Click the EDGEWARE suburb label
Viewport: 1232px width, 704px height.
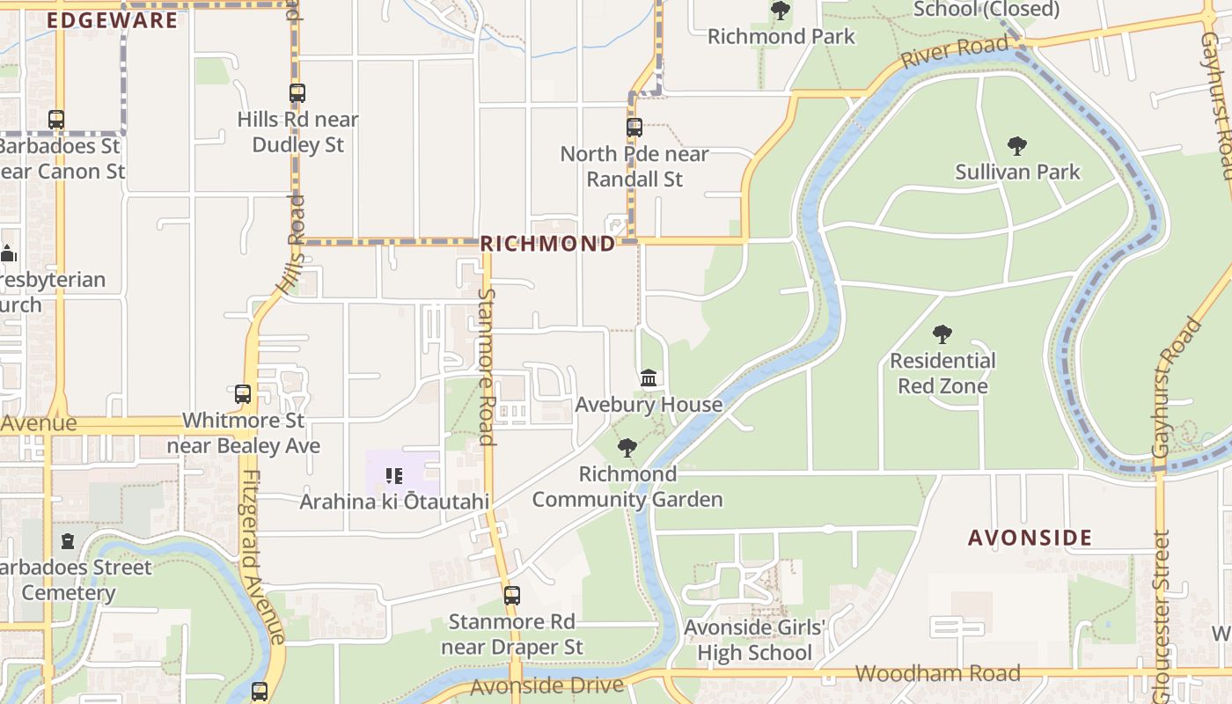click(x=112, y=20)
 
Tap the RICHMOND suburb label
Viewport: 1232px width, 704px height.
click(x=547, y=244)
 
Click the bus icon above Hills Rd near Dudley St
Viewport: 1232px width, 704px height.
click(x=297, y=92)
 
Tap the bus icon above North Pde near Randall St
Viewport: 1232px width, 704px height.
click(x=634, y=127)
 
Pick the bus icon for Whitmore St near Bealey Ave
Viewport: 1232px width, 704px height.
click(x=243, y=394)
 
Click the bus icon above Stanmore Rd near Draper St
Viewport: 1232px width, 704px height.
click(x=512, y=596)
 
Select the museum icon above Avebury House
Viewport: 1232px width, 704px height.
click(x=649, y=378)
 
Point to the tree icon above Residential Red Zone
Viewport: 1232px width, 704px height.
click(x=942, y=334)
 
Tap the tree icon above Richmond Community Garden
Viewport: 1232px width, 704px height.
click(x=627, y=448)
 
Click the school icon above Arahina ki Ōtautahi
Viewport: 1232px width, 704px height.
click(x=394, y=476)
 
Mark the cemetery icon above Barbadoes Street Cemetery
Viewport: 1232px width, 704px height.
click(x=68, y=541)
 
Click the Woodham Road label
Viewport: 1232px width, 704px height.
click(x=937, y=674)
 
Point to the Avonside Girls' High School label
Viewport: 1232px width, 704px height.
click(x=754, y=641)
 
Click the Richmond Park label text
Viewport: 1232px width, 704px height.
click(x=781, y=36)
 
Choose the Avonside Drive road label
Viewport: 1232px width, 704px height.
click(x=546, y=686)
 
